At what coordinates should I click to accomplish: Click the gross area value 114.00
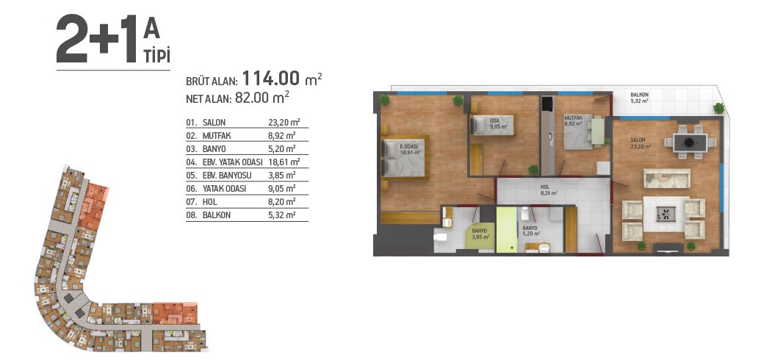[270, 79]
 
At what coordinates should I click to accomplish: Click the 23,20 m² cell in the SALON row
[281, 123]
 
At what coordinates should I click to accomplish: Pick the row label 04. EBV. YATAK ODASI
[224, 162]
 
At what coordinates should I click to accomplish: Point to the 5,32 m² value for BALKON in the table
[281, 216]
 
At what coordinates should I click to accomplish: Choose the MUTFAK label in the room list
[217, 135]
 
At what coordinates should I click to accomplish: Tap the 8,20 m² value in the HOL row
[281, 202]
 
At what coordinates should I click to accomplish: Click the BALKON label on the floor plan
[639, 97]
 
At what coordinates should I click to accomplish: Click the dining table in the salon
[690, 143]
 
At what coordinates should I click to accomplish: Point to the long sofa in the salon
[667, 179]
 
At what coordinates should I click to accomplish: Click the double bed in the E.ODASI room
[403, 157]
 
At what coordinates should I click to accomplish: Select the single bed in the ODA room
[492, 126]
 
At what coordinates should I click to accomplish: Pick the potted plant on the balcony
[718, 108]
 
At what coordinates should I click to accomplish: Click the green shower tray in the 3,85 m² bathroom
[480, 237]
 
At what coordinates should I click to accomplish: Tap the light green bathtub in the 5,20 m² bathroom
[507, 230]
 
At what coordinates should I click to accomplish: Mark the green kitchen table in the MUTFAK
[598, 131]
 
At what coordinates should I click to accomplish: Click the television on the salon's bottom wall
[668, 246]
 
